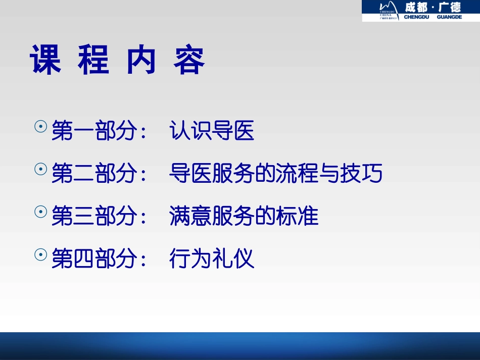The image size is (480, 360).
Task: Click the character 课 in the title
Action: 46,61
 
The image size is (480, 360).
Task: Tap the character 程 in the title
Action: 93,61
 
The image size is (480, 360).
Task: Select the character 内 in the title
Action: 141,61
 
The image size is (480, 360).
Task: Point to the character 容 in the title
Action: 189,61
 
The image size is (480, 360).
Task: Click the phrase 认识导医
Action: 212,132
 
